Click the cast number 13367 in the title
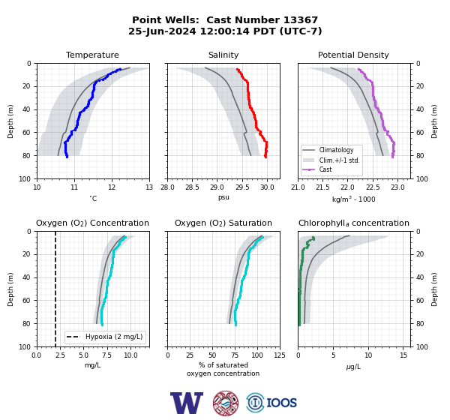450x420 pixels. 301,20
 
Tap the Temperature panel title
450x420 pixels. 92,55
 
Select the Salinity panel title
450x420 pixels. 223,55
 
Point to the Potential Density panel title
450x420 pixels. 353,55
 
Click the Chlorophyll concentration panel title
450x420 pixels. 354,223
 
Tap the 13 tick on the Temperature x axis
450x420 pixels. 149,187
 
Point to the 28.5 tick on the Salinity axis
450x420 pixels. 192,187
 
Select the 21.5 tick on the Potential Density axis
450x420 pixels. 322,187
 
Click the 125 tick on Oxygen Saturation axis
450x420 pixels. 280,355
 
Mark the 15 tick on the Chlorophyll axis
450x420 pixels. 403,355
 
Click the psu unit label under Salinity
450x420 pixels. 223,197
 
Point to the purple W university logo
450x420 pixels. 187,403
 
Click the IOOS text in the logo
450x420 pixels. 281,403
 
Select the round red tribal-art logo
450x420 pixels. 226,403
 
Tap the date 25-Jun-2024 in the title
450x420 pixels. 162,31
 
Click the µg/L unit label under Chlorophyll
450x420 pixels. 353,367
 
